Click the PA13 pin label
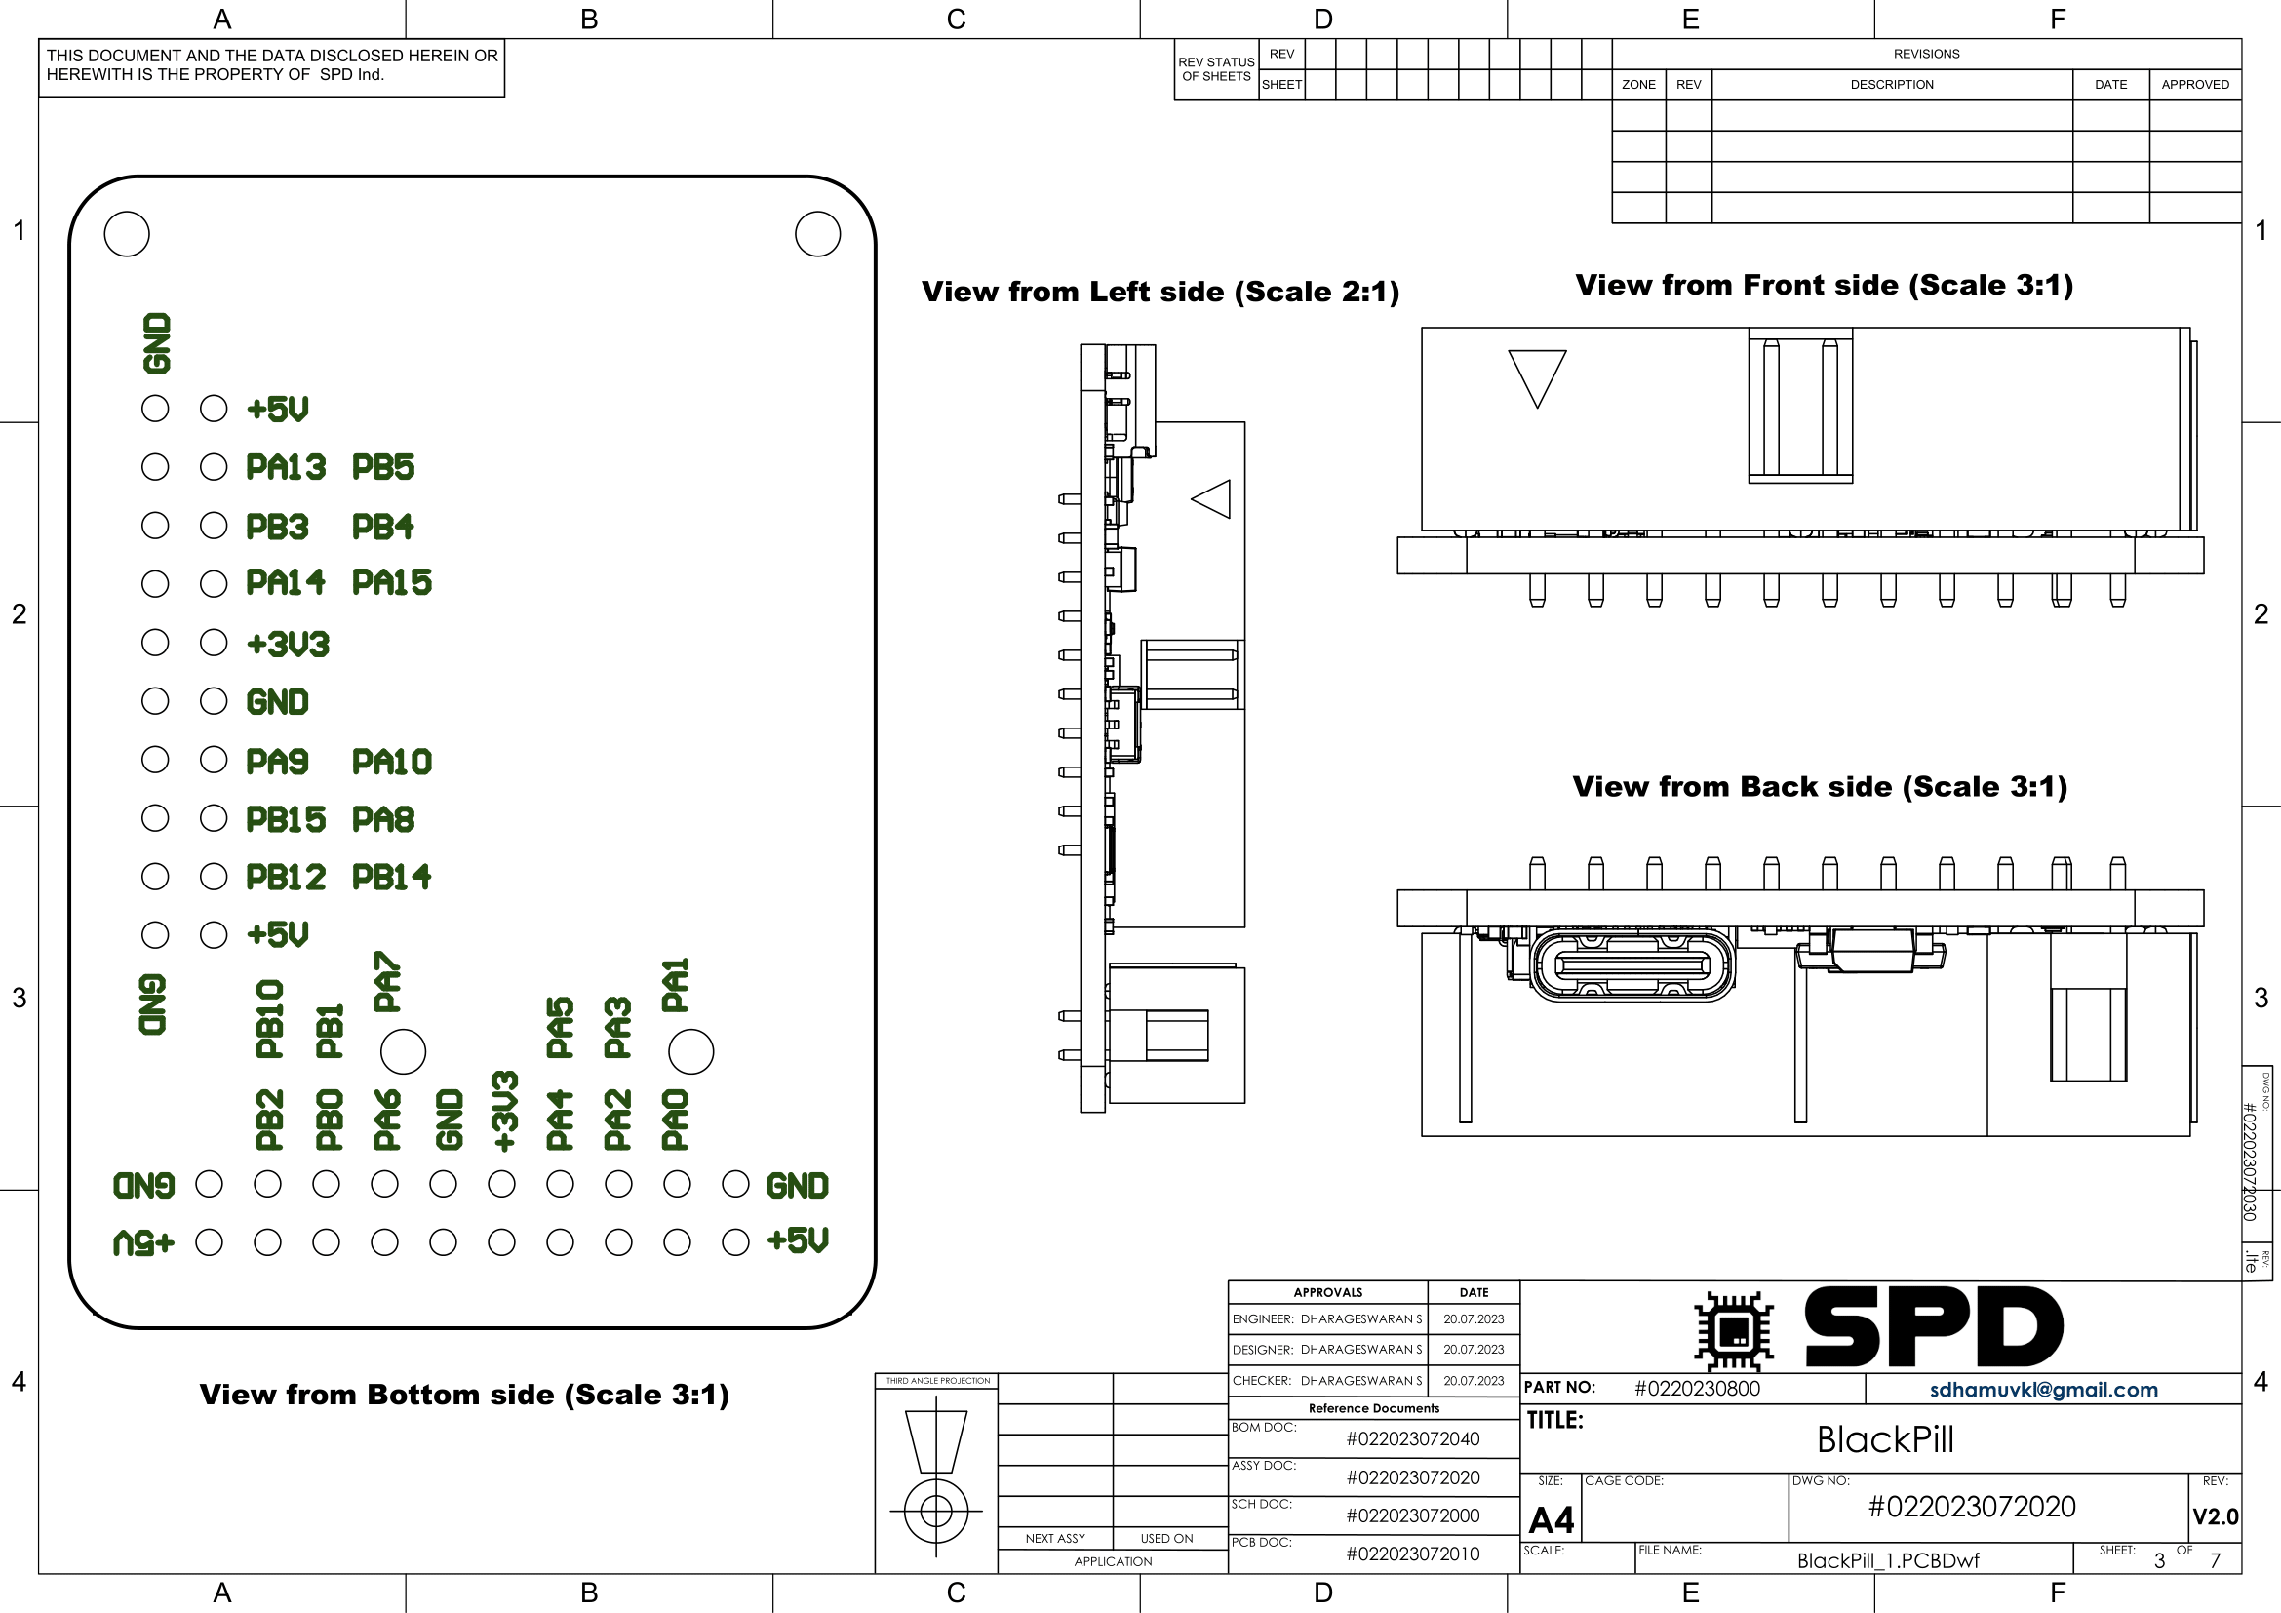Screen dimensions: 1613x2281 tap(286, 467)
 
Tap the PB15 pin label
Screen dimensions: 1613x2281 tap(286, 819)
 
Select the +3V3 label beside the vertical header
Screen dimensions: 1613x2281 tap(288, 644)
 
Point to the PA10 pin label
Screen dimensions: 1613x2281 tap(392, 762)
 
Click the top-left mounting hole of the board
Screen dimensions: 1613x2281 tap(127, 234)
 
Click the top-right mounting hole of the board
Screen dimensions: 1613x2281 tap(817, 234)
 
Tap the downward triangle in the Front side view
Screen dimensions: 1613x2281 tap(1537, 376)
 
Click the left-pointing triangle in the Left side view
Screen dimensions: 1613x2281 tap(1212, 498)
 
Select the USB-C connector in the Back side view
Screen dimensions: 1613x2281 tap(1632, 964)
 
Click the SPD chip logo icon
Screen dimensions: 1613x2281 tap(1734, 1330)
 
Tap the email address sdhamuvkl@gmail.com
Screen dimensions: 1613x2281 tap(2044, 1390)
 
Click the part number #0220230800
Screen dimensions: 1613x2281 tap(1697, 1389)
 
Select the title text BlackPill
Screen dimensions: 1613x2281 tap(1885, 1439)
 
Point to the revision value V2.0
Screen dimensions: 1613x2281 tap(2215, 1516)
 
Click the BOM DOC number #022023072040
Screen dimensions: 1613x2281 tap(1413, 1439)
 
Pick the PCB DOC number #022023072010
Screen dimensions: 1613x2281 tap(1413, 1554)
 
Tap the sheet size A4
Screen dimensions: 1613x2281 tap(1551, 1519)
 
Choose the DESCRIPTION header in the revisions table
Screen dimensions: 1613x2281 tap(1892, 85)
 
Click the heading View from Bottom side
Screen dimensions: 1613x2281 tap(464, 1395)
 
